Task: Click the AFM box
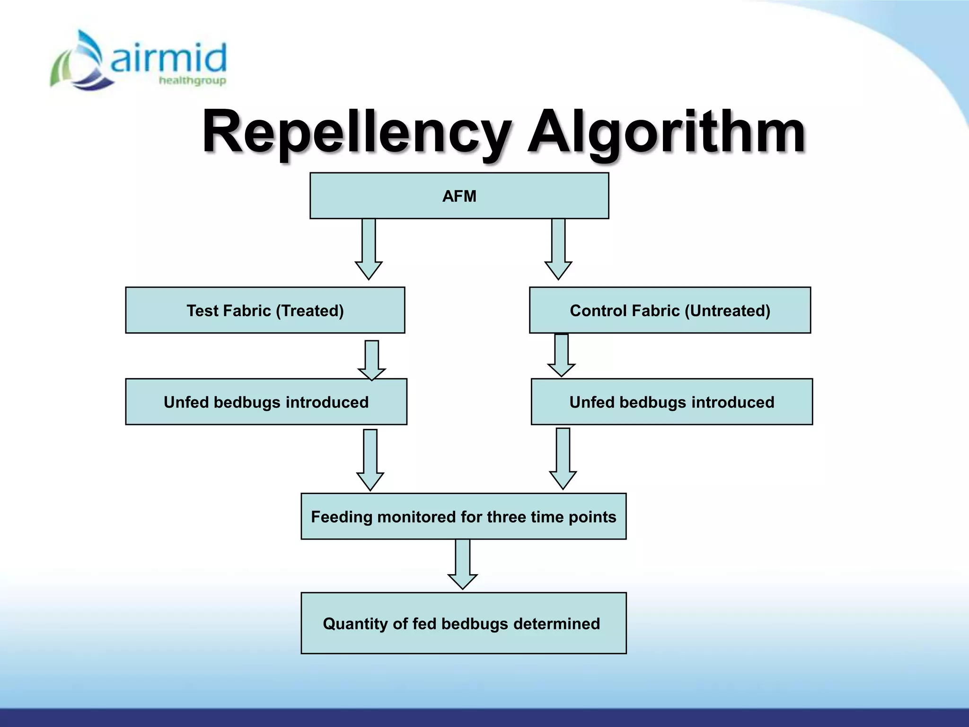coord(459,195)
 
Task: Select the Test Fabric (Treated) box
coord(265,310)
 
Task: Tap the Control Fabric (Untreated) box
coord(669,310)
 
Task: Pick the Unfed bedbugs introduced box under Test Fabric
coord(266,402)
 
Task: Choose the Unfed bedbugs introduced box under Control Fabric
coord(671,402)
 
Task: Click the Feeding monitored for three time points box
coord(463,516)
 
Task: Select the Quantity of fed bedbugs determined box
coord(463,623)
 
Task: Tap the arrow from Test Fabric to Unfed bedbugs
coord(372,360)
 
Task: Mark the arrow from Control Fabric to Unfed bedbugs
coord(562,355)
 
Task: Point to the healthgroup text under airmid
coord(192,80)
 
